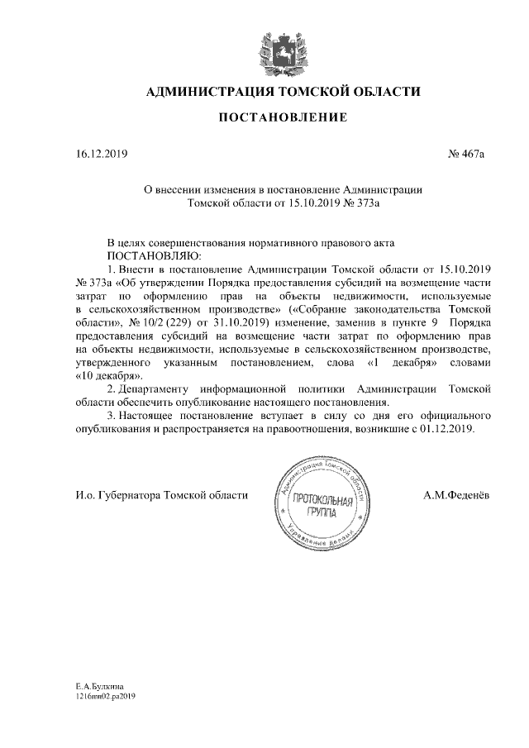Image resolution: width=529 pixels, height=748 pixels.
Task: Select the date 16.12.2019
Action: coord(91,154)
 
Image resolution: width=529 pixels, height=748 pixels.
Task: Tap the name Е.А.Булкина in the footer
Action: coord(98,686)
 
